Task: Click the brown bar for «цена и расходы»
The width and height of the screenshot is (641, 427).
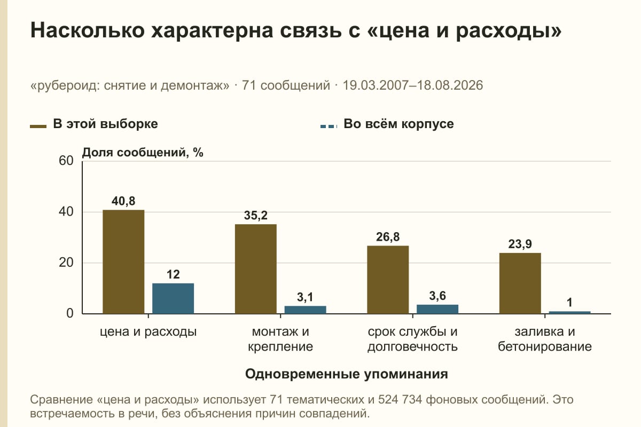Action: [x=123, y=262]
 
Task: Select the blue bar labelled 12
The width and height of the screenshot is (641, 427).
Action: [x=173, y=298]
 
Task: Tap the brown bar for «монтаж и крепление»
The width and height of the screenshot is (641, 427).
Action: [x=256, y=269]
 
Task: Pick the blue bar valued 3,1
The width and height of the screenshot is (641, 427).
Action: [x=305, y=310]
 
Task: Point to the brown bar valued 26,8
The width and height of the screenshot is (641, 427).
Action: [x=388, y=280]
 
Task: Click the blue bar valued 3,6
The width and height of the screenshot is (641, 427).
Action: [x=437, y=309]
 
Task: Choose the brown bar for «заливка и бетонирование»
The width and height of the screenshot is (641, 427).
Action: [x=520, y=283]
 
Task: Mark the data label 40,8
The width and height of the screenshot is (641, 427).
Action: [x=123, y=201]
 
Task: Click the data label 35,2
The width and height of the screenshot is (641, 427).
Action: [x=256, y=215]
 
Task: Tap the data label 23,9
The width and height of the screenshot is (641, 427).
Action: [x=520, y=244]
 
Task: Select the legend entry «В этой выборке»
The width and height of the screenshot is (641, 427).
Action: [x=94, y=124]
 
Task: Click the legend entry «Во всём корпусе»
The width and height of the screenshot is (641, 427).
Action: [x=387, y=124]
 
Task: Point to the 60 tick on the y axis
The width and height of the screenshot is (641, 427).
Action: [x=66, y=161]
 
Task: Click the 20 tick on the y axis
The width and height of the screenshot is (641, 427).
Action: [x=66, y=263]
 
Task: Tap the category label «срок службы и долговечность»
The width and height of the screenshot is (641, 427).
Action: [x=412, y=339]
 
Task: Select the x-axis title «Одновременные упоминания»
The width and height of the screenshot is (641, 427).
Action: [x=347, y=374]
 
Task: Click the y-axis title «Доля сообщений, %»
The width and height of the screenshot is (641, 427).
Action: [x=143, y=153]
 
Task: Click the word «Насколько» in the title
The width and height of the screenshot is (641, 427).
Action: [x=88, y=30]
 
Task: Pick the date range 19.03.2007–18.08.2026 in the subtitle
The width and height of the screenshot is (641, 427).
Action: [x=412, y=85]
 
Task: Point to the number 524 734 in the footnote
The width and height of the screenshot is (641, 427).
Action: [x=400, y=399]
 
